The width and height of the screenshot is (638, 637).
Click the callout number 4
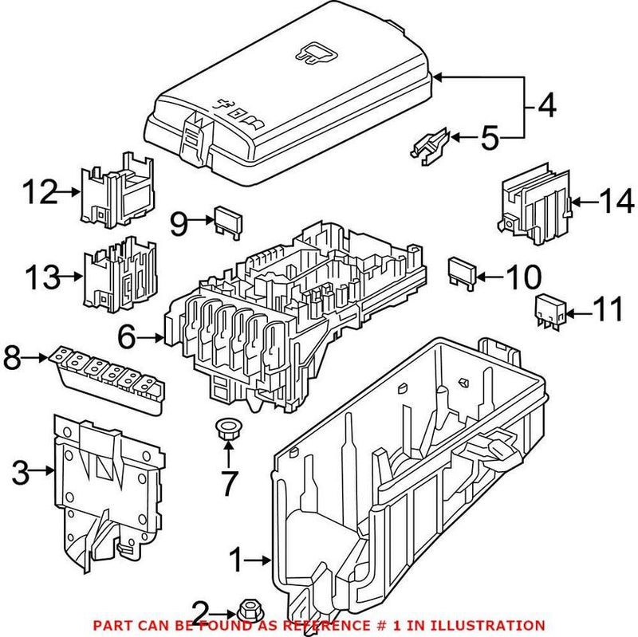(x=546, y=105)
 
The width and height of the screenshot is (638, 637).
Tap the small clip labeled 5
(x=431, y=144)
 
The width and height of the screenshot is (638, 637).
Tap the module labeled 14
(x=534, y=206)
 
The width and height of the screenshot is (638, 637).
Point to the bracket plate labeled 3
(x=108, y=486)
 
